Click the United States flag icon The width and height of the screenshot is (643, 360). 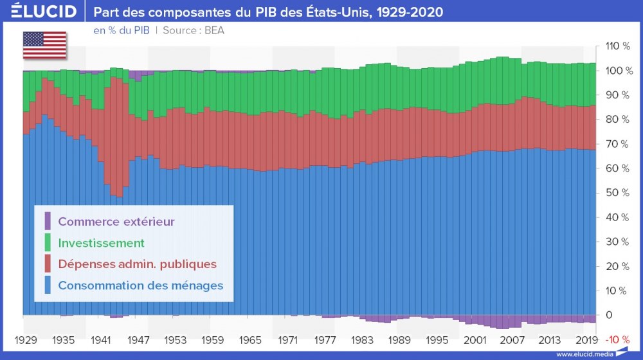tap(44, 44)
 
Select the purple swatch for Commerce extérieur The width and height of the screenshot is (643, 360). tap(47, 221)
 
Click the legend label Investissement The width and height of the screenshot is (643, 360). tap(101, 243)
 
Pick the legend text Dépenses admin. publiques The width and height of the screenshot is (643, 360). tap(137, 264)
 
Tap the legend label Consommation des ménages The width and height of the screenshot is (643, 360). tap(140, 285)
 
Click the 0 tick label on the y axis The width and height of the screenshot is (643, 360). tap(608, 315)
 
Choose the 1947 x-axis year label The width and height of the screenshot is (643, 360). tap(138, 339)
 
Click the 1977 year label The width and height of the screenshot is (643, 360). tap(327, 339)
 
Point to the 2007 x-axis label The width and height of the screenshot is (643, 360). tap(516, 339)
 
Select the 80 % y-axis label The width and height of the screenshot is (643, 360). tap(613, 120)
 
